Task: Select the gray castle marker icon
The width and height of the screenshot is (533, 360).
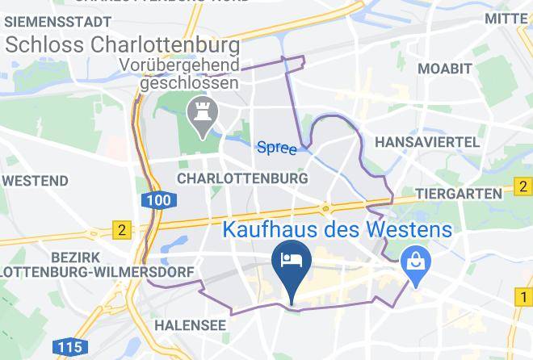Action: [199, 115]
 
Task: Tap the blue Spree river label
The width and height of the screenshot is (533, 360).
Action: [276, 148]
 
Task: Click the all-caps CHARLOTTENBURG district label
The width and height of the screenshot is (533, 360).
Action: [242, 177]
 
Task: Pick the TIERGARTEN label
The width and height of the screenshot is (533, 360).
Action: [458, 195]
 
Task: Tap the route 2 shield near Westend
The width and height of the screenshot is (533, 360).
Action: [122, 230]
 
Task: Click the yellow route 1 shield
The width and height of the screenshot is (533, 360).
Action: [523, 299]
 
